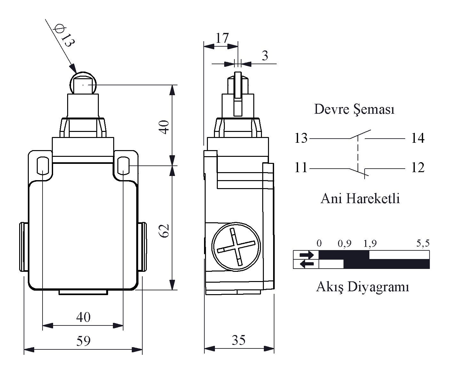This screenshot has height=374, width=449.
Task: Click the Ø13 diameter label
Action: [x=63, y=36]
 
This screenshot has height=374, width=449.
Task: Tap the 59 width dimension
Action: [x=83, y=341]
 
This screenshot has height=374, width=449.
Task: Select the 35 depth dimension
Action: [x=239, y=340]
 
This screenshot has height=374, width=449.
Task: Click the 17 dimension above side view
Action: [x=222, y=38]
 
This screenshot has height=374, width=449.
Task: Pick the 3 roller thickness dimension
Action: [x=264, y=56]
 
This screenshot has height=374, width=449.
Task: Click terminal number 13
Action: [x=301, y=138]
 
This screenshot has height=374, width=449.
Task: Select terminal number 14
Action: [x=417, y=138]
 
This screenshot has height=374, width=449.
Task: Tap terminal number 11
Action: [x=301, y=168]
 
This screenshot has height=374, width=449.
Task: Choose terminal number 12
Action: [x=417, y=168]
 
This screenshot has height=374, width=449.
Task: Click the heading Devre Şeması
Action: [x=354, y=109]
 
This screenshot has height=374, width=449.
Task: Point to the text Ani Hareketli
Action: [x=360, y=199]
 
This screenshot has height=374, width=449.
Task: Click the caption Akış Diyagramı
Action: [x=363, y=287]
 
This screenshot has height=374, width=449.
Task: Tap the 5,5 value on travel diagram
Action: [x=422, y=244]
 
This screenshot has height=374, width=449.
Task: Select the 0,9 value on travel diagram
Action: [x=344, y=244]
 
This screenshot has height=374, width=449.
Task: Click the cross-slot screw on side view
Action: [x=236, y=247]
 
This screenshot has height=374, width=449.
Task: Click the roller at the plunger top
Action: [x=83, y=84]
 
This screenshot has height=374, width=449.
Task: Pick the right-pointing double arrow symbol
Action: [x=306, y=255]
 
